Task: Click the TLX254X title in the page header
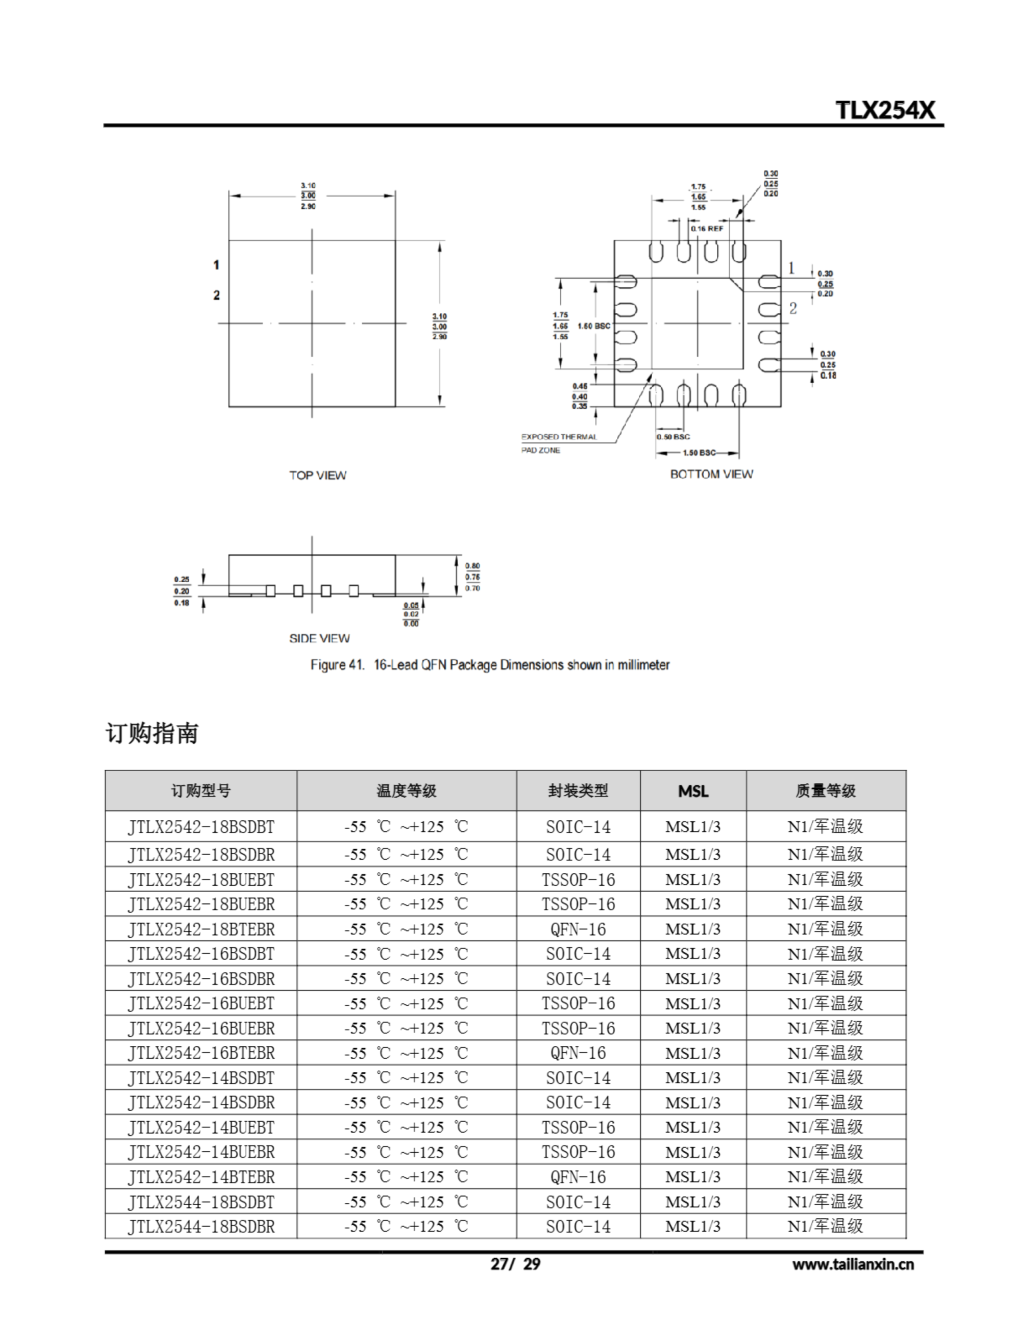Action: [x=885, y=110]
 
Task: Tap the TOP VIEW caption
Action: [x=318, y=475]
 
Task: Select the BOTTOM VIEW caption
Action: [x=711, y=474]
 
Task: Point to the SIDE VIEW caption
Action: [x=319, y=638]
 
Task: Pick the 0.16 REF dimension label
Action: [x=707, y=229]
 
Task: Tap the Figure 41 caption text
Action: [x=490, y=665]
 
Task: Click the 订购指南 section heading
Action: [x=152, y=733]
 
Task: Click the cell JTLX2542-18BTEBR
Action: [x=201, y=929]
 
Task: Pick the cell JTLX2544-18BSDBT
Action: [x=201, y=1202]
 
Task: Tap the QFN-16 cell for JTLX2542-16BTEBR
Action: [x=578, y=1053]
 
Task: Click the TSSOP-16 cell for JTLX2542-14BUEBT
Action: [x=578, y=1127]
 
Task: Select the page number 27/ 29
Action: [x=516, y=1264]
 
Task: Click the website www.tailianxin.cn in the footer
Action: [x=852, y=1264]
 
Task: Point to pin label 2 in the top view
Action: [x=216, y=295]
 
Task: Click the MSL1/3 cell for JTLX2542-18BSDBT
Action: [x=693, y=827]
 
